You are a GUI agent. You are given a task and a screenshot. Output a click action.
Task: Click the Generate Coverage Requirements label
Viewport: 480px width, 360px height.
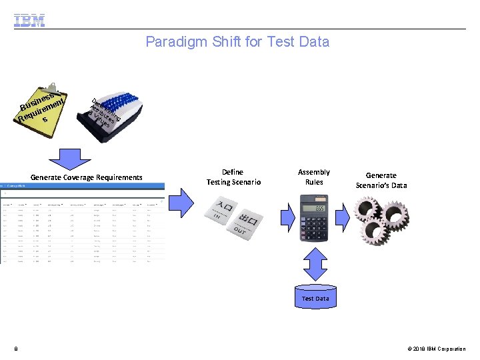[87, 177]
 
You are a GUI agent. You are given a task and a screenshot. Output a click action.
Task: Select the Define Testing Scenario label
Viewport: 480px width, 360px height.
[233, 177]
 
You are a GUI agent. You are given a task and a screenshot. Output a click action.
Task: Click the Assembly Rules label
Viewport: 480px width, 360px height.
[314, 177]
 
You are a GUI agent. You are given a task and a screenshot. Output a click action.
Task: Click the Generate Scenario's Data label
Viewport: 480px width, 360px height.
[381, 180]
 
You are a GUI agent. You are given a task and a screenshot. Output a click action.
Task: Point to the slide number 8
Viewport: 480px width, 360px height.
[15, 349]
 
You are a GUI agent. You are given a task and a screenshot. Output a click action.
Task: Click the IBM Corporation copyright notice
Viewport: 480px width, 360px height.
[436, 349]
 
